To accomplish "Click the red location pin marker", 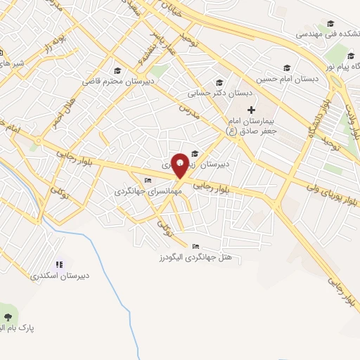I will pos(181,165).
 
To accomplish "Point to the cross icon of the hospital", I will pos(251,109).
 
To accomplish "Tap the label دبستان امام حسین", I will pos(288,79).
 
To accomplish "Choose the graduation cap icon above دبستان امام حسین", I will pos(286,67).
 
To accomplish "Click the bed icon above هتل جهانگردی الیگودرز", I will pos(195,246).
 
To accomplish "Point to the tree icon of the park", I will pos(8,315).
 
